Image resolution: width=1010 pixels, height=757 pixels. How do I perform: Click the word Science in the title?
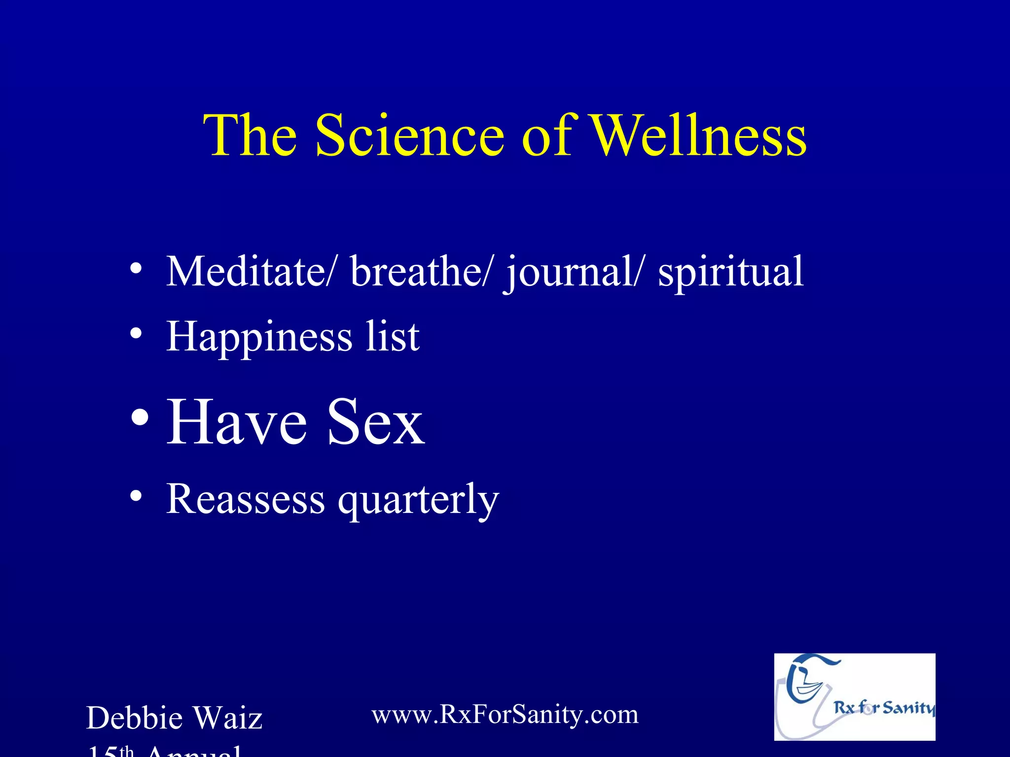click(409, 136)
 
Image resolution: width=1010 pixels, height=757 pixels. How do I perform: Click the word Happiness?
click(259, 337)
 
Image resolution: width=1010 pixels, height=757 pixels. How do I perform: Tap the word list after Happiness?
click(393, 336)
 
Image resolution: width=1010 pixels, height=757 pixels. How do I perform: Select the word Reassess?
click(246, 499)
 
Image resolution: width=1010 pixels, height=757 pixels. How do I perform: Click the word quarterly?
click(418, 500)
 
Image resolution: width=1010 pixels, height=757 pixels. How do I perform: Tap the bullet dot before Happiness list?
click(137, 334)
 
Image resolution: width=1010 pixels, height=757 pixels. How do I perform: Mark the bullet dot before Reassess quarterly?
click(137, 496)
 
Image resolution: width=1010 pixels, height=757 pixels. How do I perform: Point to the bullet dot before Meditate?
click(137, 269)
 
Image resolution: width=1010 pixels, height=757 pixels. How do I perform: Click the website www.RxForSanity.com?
click(505, 714)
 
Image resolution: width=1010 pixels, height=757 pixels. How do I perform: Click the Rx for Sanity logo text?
click(883, 708)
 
